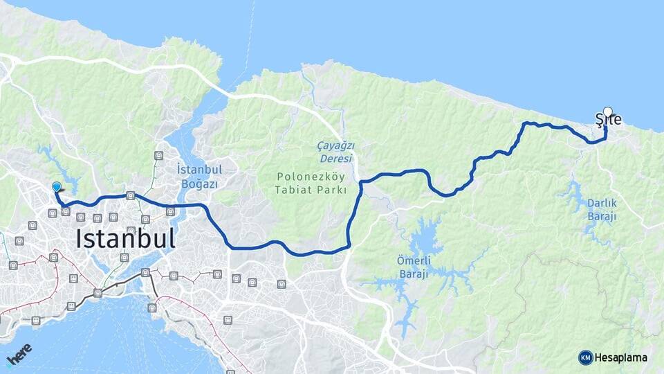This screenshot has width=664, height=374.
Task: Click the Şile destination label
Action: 609,121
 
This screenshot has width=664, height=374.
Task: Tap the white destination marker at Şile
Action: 608,111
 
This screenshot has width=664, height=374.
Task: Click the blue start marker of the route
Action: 57,186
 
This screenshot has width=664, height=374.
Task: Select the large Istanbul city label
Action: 125,239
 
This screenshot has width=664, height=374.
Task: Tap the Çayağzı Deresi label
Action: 335,152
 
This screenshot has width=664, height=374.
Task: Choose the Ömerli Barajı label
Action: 414,267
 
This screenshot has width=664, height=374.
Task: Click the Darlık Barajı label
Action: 601,210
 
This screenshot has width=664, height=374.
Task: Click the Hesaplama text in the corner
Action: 621,357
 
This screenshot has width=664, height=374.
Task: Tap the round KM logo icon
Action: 586,357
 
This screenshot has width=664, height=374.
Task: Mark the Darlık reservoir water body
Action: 573,194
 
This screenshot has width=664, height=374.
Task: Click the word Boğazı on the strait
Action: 199,184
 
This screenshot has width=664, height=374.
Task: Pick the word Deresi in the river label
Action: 335,158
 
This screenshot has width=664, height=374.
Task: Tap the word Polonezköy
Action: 309,176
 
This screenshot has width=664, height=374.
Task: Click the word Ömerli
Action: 414,260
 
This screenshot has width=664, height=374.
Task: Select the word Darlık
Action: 601,204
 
